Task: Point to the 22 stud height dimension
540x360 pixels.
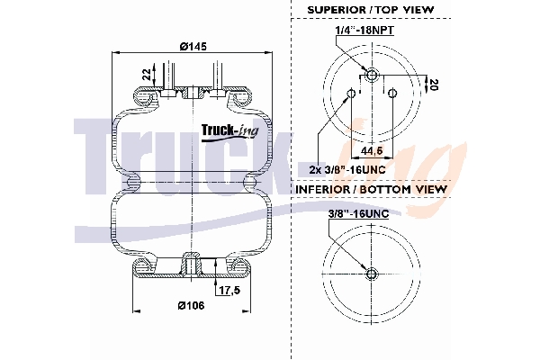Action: [148, 74]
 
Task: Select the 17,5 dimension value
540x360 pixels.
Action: [229, 291]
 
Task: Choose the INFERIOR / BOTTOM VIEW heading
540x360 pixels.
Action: [371, 190]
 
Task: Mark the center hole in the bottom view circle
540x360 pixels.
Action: [371, 273]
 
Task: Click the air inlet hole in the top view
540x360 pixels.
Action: [371, 72]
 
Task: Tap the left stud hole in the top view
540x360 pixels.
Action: [349, 91]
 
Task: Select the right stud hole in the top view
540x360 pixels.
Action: [392, 91]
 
